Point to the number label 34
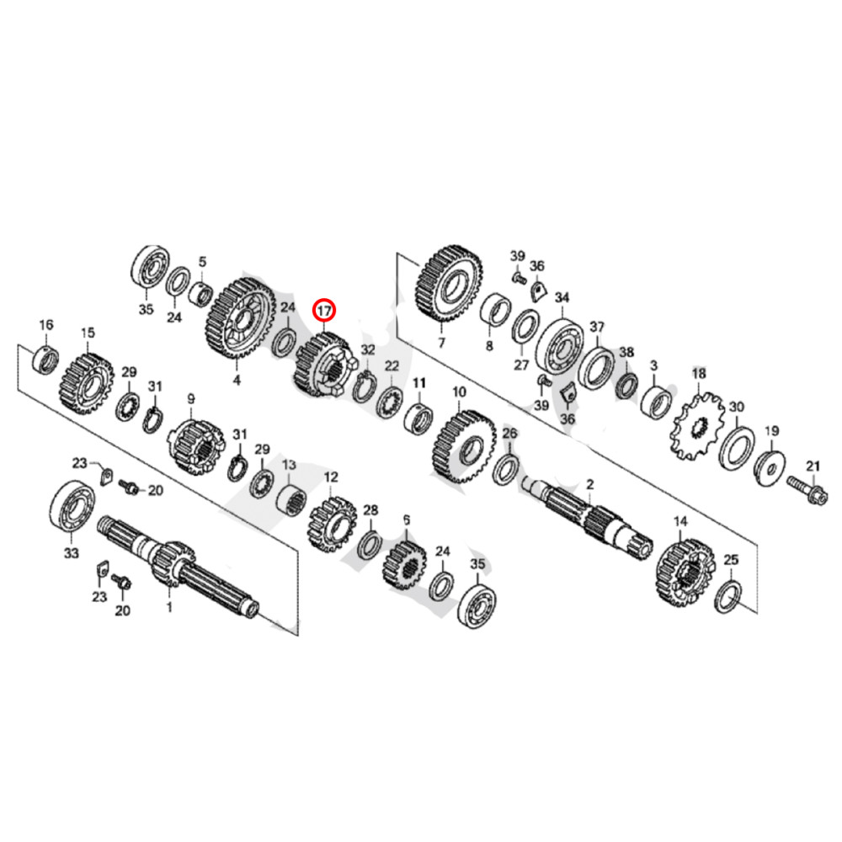(562, 297)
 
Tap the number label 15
(88, 334)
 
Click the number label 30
(737, 407)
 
